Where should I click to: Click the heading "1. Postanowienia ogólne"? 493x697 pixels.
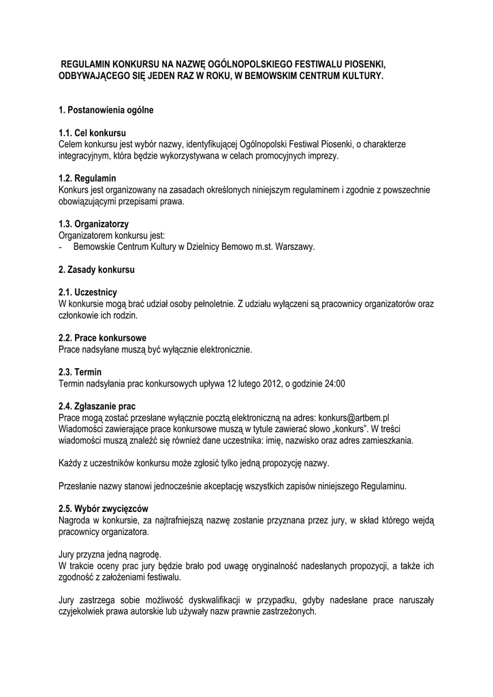pyautogui.click(x=106, y=110)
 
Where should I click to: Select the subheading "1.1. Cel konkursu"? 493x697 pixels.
pyautogui.click(x=93, y=133)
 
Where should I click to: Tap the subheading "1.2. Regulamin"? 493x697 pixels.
pyautogui.click(x=87, y=178)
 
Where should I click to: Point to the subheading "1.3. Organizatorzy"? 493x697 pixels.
pyautogui.click(x=94, y=224)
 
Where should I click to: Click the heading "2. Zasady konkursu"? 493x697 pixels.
pyautogui.click(x=97, y=270)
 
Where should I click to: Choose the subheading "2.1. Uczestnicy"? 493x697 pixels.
pyautogui.click(x=89, y=293)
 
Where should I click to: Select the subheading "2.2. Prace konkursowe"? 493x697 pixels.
pyautogui.click(x=102, y=338)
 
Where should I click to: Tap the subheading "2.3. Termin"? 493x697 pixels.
pyautogui.click(x=80, y=372)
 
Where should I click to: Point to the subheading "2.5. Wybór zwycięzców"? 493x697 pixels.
pyautogui.click(x=104, y=509)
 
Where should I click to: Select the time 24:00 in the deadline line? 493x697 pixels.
pyautogui.click(x=335, y=383)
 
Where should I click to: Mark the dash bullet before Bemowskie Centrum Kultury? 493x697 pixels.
pyautogui.click(x=61, y=246)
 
